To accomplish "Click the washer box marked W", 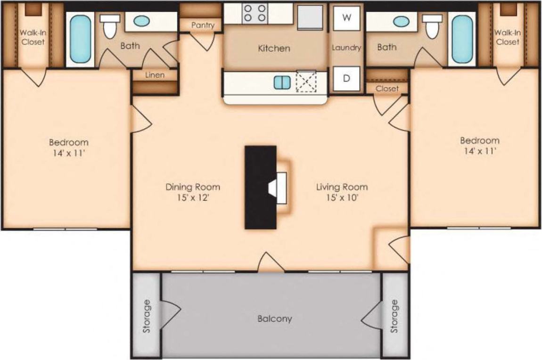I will [346, 18].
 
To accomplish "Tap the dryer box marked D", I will [346, 78].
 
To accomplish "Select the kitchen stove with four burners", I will [255, 13].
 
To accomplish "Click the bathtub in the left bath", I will [81, 39].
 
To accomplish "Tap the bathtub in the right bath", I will [462, 39].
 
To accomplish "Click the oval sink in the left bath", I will [141, 21].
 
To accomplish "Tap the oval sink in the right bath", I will [401, 21].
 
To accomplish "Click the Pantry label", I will [203, 25].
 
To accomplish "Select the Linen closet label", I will [155, 75].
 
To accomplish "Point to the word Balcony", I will [274, 319].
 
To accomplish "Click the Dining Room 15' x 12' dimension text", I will [192, 198].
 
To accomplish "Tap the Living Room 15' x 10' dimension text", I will [342, 198].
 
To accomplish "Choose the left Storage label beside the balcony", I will [147, 316].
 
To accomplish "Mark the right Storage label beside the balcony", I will [394, 316].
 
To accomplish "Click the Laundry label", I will [346, 48].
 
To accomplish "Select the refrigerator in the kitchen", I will [310, 17].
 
